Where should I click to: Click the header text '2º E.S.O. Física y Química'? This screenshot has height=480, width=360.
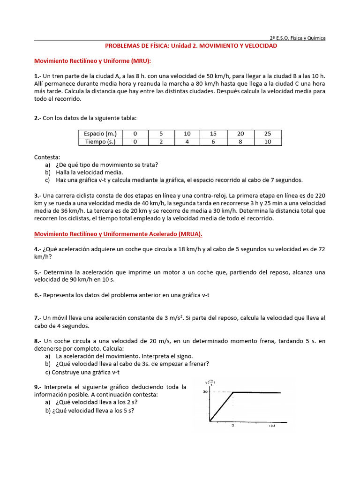pyautogui.click(x=297, y=38)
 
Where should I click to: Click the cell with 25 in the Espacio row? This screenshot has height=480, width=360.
pyautogui.click(x=268, y=134)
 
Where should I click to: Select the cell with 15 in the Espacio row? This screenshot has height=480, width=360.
pyautogui.click(x=213, y=134)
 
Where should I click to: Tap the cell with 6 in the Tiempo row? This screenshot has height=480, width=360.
pyautogui.click(x=213, y=142)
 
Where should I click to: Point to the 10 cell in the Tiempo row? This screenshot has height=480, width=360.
pyautogui.click(x=268, y=142)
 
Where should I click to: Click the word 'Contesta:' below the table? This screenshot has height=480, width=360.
pyautogui.click(x=47, y=157)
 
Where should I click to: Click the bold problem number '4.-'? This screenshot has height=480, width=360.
pyautogui.click(x=39, y=249)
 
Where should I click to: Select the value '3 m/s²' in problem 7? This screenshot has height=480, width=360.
pyautogui.click(x=168, y=318)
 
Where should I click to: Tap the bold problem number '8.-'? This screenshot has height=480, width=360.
pyautogui.click(x=39, y=341)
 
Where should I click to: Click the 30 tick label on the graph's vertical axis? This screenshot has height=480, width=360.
pyautogui.click(x=205, y=391)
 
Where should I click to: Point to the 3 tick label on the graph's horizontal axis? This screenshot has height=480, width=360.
pyautogui.click(x=232, y=426)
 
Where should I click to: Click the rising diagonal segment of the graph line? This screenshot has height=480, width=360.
pyautogui.click(x=221, y=406)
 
